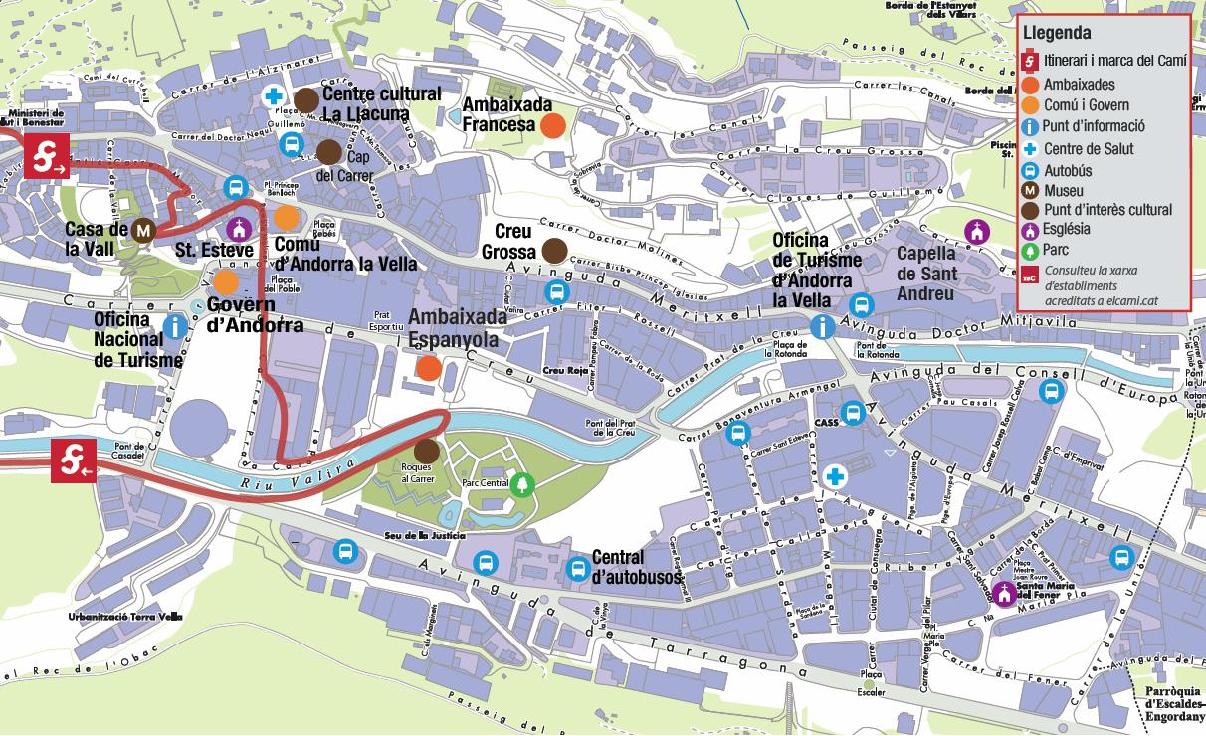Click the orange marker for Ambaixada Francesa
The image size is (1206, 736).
[552, 125]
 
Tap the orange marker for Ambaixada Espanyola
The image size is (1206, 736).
[429, 368]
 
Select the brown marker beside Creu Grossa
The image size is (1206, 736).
[554, 250]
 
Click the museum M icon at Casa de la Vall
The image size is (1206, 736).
[144, 230]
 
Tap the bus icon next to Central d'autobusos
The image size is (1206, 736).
[577, 569]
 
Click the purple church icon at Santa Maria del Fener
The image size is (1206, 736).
[1004, 594]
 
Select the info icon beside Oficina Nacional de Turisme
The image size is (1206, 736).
[176, 326]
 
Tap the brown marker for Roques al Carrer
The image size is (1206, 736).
[427, 451]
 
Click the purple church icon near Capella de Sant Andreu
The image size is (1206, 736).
[978, 231]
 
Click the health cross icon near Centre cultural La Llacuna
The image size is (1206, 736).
[272, 96]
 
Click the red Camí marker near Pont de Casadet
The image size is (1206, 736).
[74, 460]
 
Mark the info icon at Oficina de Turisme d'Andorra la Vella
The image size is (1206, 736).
[823, 326]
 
